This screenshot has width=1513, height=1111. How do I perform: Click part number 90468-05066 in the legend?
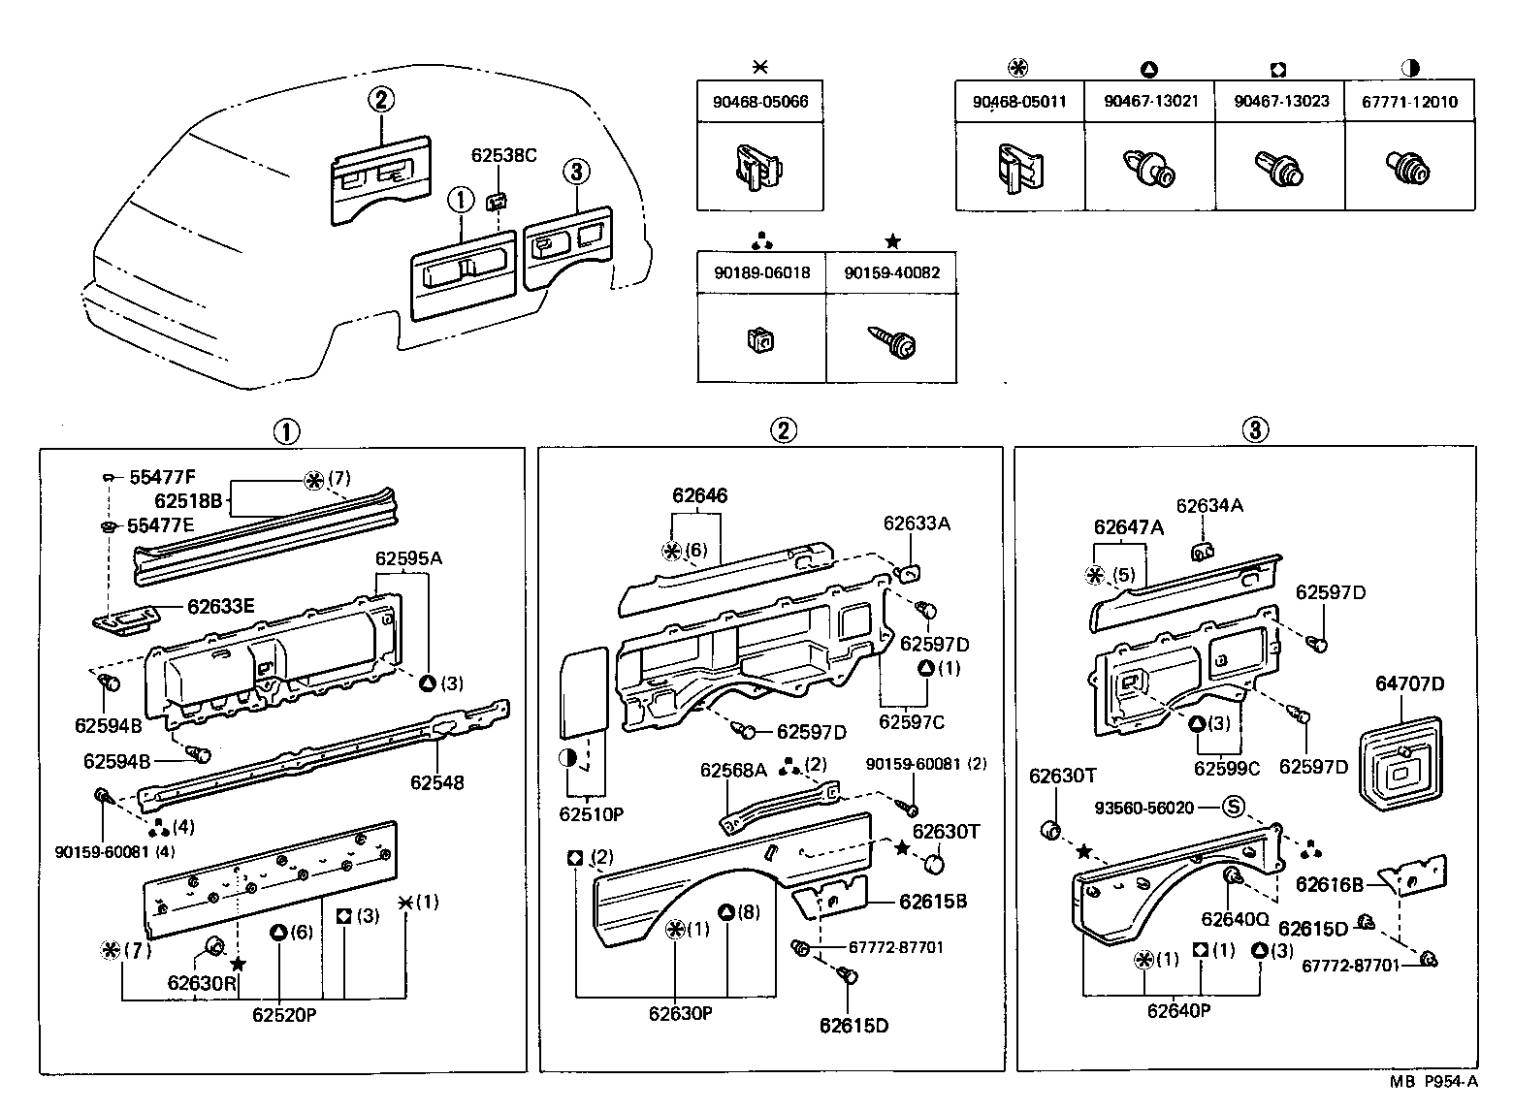click(x=760, y=102)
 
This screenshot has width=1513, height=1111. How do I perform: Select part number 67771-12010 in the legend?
click(x=1409, y=102)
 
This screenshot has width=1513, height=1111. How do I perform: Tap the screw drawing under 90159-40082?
click(x=891, y=342)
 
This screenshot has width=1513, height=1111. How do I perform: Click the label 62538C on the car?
click(x=503, y=154)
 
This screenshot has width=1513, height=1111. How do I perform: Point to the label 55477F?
click(x=162, y=477)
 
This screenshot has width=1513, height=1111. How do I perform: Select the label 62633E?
click(x=220, y=607)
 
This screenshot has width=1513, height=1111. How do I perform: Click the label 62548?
click(x=436, y=782)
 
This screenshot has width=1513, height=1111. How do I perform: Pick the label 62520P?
click(x=283, y=1015)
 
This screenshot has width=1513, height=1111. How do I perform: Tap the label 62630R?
click(x=201, y=981)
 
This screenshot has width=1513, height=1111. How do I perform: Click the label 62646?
click(x=699, y=496)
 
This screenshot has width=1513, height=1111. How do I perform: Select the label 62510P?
click(x=591, y=814)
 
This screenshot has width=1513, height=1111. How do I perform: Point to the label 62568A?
click(x=733, y=770)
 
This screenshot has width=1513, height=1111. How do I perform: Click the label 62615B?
click(x=933, y=901)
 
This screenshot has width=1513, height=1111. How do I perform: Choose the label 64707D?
click(x=1409, y=684)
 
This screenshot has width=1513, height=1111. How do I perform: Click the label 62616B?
click(x=1330, y=884)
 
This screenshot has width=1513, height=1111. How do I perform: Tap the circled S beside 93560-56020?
click(x=1232, y=807)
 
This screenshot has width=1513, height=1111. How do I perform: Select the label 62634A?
click(x=1209, y=505)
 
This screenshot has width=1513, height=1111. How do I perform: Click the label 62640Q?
click(x=1235, y=919)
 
